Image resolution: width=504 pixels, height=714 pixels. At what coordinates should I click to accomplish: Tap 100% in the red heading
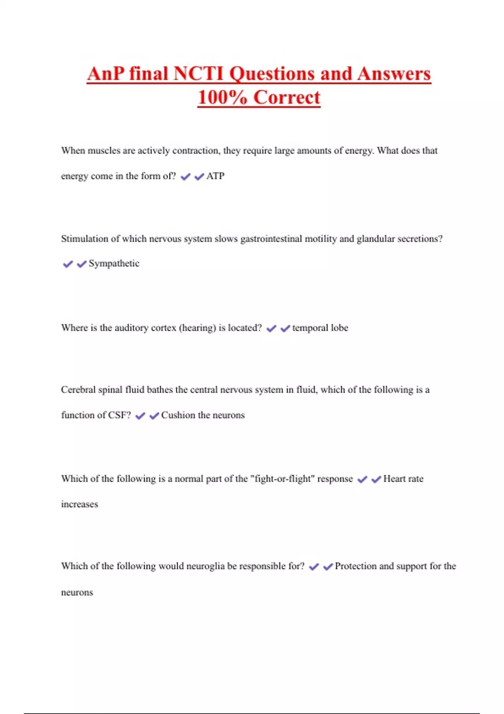point(222,97)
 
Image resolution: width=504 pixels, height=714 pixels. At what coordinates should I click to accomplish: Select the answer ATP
point(215,176)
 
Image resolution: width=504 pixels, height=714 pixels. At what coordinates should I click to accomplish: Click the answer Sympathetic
point(114,263)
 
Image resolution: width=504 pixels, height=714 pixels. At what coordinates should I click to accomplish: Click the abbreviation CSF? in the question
point(120,415)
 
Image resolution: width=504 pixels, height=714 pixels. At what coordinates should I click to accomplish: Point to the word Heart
point(394,479)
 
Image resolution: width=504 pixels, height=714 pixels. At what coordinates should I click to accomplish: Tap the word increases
point(79,504)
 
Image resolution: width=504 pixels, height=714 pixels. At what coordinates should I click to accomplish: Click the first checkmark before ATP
point(185,177)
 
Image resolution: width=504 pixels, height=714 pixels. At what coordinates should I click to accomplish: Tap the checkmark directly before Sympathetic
point(81,264)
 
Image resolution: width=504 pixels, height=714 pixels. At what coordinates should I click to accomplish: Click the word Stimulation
point(84,239)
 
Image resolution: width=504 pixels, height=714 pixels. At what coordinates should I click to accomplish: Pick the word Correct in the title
point(287,97)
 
